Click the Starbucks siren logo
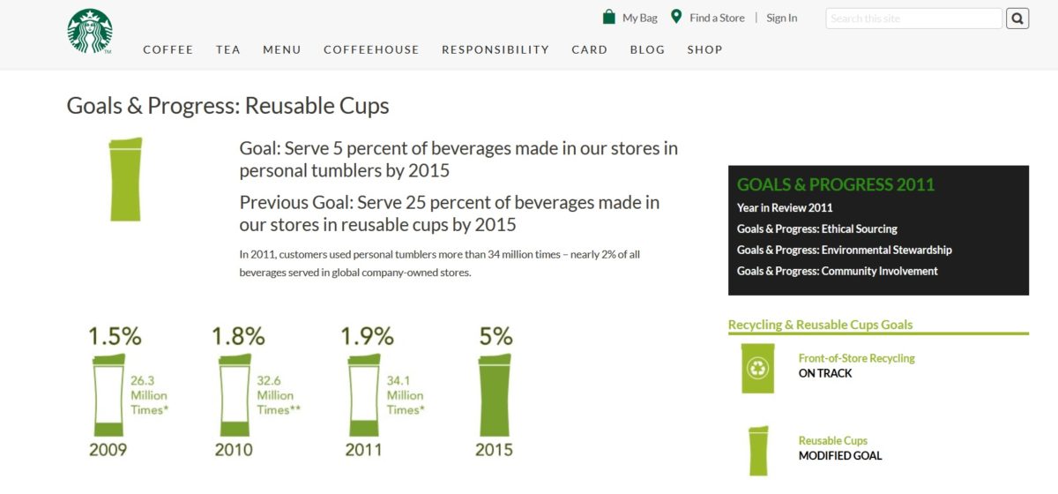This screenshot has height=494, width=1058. click(90, 31)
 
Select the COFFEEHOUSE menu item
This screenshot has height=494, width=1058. click(371, 49)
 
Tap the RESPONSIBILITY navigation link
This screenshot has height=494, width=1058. click(495, 49)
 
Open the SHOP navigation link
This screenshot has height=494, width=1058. click(704, 49)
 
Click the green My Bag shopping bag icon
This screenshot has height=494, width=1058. click(609, 17)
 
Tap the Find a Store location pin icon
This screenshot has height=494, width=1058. click(676, 17)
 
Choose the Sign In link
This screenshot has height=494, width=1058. click(782, 18)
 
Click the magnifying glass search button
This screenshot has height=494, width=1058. click(1017, 19)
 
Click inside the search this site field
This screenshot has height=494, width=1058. click(913, 19)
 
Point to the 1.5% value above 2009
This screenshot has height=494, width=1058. click(115, 336)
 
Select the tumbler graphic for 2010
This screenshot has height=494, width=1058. click(235, 395)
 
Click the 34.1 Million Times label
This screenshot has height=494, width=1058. click(406, 395)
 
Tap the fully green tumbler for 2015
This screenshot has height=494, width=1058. click(495, 395)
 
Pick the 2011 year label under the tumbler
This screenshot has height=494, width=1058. click(363, 450)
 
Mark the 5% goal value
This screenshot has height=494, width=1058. click(495, 336)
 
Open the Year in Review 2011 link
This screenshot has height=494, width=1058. click(785, 207)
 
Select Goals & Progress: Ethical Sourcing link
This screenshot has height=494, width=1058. click(816, 228)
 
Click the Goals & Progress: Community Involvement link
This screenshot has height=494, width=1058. click(837, 271)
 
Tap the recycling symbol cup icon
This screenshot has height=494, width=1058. click(757, 368)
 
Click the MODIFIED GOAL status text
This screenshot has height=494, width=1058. click(839, 456)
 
